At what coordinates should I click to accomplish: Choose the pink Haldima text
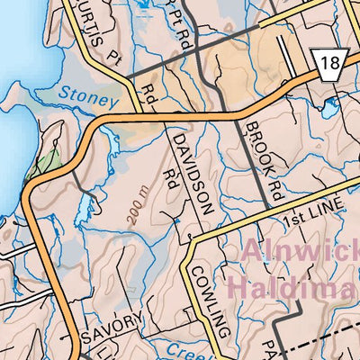(x=292, y=288)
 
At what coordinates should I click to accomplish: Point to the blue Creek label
(x=185, y=349)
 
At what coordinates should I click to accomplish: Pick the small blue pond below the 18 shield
(x=328, y=112)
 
